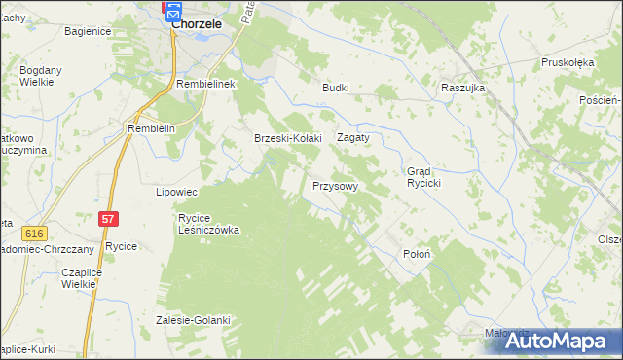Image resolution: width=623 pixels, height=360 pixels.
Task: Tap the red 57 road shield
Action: [108, 221]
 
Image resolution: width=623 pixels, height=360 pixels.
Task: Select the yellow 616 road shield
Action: [36, 234]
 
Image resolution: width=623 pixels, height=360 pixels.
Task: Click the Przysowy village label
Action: [336, 185]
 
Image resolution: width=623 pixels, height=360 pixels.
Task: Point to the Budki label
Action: [336, 87]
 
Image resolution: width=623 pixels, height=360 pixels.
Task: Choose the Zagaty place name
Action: [353, 138]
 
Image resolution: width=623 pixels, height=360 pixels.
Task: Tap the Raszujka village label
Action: [462, 87]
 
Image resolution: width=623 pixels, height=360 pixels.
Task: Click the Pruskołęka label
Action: [568, 62]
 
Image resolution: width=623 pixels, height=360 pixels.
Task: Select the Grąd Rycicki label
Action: [425, 177]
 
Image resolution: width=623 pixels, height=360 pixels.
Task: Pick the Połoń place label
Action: [417, 253]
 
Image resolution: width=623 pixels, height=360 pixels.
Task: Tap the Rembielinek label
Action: [207, 85]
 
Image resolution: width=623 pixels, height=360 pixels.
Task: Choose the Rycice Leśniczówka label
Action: [208, 225]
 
